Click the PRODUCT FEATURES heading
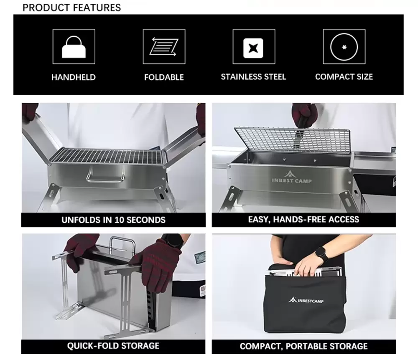(x=72, y=8)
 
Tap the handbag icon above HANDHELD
(x=74, y=47)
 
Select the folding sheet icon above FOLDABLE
(x=164, y=47)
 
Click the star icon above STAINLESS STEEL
(x=253, y=48)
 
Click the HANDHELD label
(x=74, y=77)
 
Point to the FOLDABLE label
(x=164, y=77)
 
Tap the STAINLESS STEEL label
(x=253, y=77)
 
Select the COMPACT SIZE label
(x=344, y=77)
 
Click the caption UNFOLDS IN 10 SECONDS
(x=114, y=220)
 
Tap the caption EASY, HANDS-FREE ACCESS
(x=303, y=219)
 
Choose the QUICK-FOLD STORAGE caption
(x=113, y=346)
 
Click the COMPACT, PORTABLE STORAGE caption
(x=303, y=346)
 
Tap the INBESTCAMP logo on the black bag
(x=306, y=300)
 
